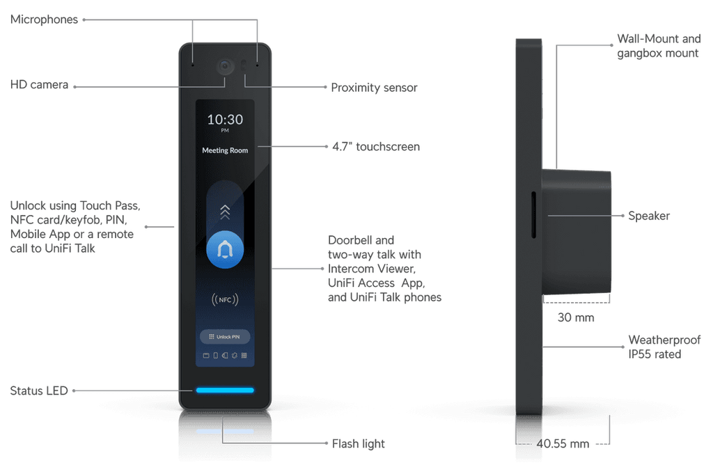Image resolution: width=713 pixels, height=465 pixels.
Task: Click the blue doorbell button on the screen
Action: (x=225, y=249)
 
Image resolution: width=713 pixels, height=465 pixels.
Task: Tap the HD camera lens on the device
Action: (x=225, y=66)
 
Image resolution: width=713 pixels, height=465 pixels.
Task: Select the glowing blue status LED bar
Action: (x=225, y=390)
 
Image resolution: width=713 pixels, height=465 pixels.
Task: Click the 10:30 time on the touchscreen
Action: (x=225, y=120)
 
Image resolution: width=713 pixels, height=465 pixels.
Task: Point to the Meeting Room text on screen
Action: (x=225, y=150)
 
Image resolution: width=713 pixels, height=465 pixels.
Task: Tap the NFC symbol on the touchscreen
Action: (x=225, y=299)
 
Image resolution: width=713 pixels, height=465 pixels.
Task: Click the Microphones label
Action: (x=44, y=19)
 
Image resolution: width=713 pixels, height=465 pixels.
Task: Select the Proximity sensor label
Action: (x=374, y=87)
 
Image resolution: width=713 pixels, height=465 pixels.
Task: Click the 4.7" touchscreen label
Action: (x=375, y=146)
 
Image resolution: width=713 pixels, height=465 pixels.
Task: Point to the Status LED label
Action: (x=39, y=391)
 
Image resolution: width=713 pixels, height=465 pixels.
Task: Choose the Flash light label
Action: (x=358, y=443)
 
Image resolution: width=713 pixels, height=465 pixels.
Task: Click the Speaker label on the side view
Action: (x=648, y=216)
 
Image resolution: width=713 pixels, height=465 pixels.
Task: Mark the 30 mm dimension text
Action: (x=576, y=317)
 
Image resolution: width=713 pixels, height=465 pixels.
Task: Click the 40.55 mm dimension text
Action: (x=563, y=443)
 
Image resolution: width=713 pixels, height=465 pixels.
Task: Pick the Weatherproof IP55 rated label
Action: (x=664, y=347)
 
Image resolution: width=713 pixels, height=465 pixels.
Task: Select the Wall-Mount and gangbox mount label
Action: (x=659, y=46)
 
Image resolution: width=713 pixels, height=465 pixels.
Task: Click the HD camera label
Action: (x=39, y=84)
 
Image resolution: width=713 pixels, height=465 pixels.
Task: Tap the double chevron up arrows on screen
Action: (x=225, y=212)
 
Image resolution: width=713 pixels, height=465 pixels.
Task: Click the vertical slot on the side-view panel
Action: (x=533, y=214)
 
